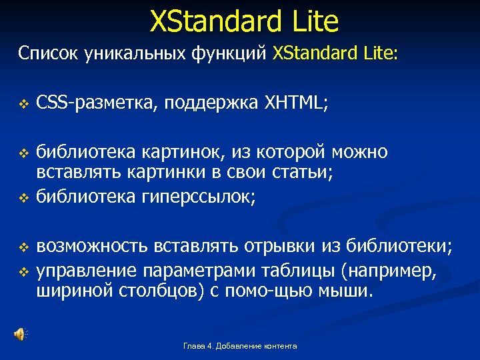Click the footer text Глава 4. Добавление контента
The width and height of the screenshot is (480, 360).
240,345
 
